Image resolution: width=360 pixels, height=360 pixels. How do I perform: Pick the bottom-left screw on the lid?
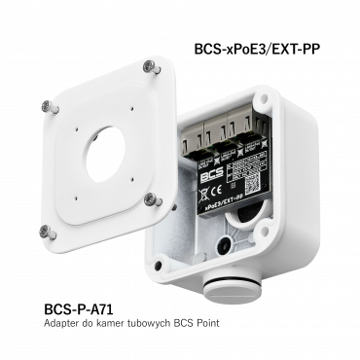coord(45,230)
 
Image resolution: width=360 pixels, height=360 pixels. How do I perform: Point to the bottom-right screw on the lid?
coord(149,199)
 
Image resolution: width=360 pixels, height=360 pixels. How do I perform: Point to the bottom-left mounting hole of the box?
coord(157,260)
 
